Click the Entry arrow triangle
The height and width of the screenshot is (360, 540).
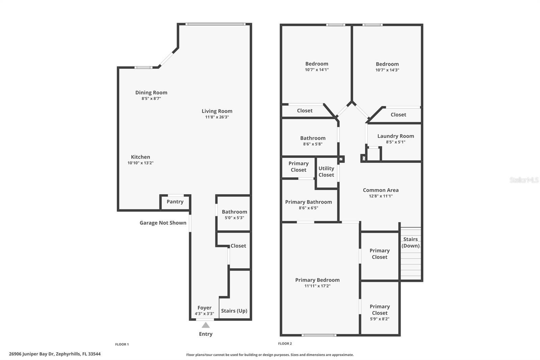206,325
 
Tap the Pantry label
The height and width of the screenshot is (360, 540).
175,202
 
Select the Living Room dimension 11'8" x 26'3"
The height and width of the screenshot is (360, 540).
217,117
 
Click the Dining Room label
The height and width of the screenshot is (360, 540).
151,93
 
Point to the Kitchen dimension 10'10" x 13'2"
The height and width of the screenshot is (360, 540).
140,163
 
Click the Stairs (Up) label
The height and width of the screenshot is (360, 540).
234,311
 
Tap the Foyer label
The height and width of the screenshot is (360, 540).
204,308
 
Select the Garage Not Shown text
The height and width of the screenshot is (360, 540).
163,223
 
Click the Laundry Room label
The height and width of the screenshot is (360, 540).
396,136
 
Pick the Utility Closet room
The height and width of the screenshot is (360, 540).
326,172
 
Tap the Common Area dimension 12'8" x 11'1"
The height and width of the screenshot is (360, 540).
381,196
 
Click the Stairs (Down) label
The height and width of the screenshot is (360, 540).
410,242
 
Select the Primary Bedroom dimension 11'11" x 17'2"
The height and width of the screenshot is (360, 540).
317,286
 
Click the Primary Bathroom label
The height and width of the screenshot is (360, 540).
308,202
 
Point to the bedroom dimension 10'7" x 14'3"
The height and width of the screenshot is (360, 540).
387,70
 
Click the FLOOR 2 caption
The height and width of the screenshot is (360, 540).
285,344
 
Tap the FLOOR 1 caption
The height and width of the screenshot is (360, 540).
122,344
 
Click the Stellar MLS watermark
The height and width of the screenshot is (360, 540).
524,180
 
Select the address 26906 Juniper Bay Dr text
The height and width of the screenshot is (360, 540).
55,354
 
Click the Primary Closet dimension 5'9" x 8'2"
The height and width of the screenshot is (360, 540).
379,319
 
